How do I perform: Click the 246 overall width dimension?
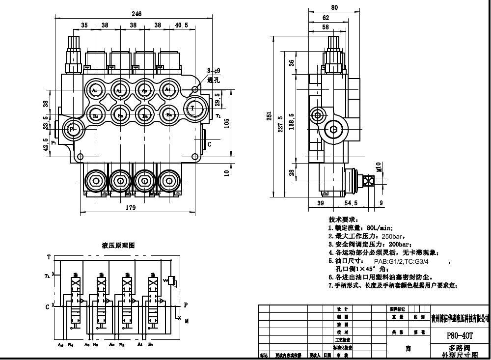click(136, 14)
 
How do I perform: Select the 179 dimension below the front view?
click(130, 208)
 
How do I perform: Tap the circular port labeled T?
click(193, 108)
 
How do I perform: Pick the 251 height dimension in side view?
click(270, 115)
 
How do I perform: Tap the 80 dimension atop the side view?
click(334, 7)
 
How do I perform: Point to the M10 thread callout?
click(379, 167)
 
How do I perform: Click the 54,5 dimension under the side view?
click(351, 203)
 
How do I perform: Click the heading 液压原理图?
click(118, 245)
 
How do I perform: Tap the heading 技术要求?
click(343, 220)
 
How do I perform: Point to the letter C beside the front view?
click(210, 144)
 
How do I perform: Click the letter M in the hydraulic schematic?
click(187, 322)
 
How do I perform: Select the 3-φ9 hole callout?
click(214, 70)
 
